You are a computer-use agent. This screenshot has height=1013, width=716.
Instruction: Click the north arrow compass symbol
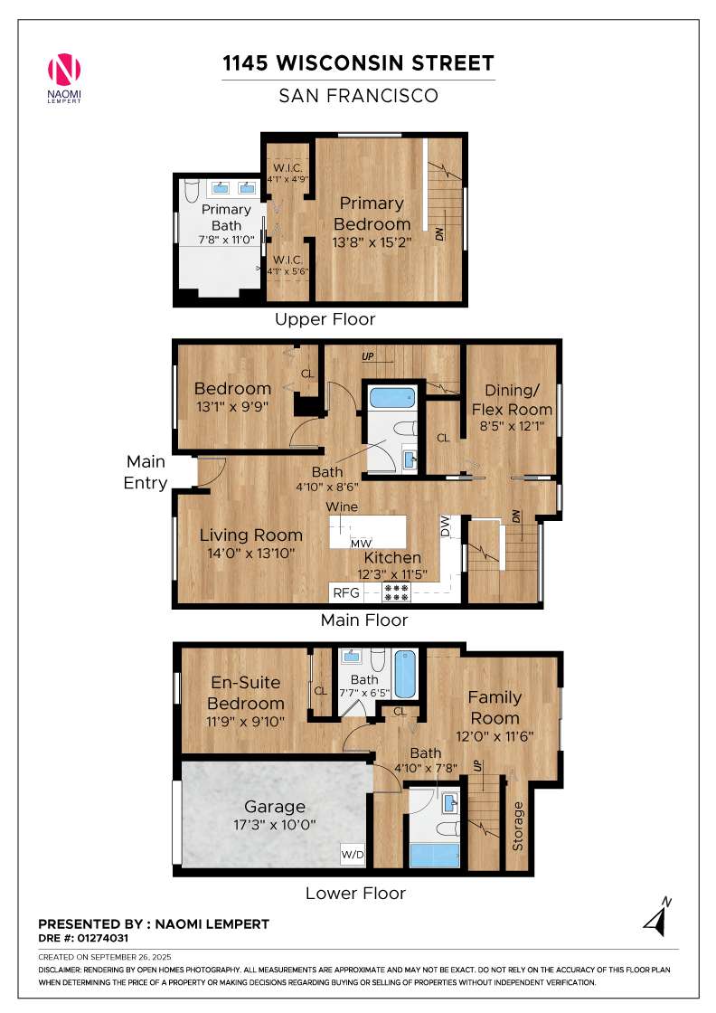coord(658,917)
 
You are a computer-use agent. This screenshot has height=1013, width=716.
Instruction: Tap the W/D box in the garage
coord(353,854)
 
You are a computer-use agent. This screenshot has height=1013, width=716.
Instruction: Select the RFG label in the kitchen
coord(346,592)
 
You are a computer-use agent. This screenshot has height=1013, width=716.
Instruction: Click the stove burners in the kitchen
coord(396,592)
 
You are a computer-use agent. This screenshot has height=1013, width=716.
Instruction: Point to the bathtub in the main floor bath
coord(392,396)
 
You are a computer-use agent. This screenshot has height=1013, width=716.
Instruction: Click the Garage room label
coord(275,807)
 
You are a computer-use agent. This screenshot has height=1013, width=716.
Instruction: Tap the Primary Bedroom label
coord(372,213)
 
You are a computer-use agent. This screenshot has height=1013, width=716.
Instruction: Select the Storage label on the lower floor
coord(517,826)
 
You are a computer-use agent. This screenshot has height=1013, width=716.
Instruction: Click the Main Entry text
coord(146,472)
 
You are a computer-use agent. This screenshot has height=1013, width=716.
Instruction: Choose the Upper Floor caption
coord(325,319)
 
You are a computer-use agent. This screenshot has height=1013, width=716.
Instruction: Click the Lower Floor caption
coord(356,893)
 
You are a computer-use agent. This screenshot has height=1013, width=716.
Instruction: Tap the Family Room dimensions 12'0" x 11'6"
coord(495,736)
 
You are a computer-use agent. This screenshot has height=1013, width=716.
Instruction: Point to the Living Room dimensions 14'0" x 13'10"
coord(251,553)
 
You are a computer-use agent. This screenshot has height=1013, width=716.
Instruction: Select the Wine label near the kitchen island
coord(342,507)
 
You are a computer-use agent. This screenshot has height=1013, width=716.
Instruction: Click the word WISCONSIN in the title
coord(340,63)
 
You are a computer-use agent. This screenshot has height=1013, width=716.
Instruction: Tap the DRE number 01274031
coord(103,938)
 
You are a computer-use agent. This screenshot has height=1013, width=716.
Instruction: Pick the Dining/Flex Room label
coord(512,400)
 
